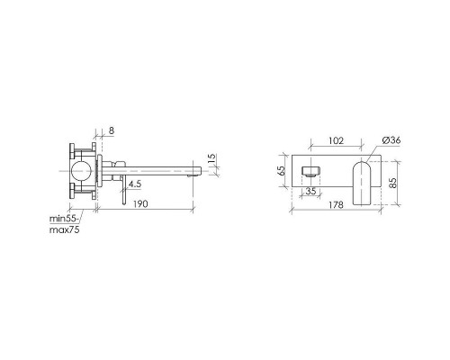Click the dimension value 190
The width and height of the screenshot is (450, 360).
140,204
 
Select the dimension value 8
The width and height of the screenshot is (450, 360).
112,130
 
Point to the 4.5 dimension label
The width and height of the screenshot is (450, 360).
134,184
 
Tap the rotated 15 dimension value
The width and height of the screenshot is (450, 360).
211,158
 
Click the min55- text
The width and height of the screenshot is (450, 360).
65,219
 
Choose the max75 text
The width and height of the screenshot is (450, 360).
64,230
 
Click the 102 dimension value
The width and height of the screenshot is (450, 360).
336,140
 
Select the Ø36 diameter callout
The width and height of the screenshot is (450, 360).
391,140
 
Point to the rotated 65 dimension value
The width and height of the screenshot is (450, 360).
282,171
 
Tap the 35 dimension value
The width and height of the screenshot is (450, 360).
311,191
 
